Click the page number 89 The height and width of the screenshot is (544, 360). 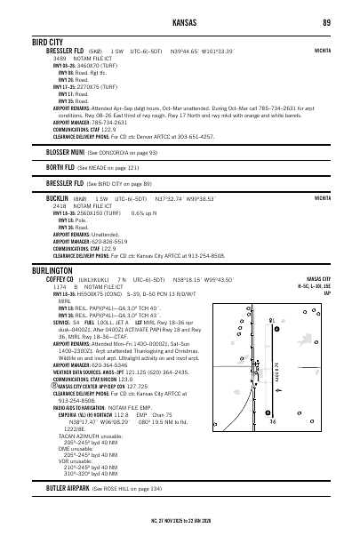(327, 20)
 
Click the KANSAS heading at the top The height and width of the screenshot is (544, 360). (180, 20)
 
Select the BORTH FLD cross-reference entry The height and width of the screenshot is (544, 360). (62, 167)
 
